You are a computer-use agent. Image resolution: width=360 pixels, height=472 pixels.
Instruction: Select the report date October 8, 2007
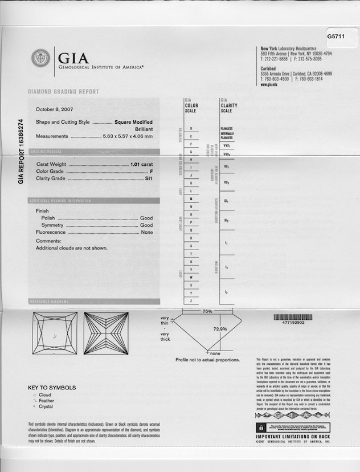click(x=55, y=109)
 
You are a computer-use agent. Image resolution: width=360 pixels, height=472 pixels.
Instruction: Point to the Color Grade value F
click(x=152, y=171)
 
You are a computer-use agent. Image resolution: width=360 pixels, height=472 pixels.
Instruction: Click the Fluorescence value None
click(x=147, y=233)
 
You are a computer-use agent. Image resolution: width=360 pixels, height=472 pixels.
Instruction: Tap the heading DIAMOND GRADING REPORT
click(x=63, y=91)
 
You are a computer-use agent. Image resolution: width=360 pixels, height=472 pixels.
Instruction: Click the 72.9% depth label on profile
click(x=220, y=329)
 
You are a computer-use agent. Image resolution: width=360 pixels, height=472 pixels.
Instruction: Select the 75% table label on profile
click(x=207, y=311)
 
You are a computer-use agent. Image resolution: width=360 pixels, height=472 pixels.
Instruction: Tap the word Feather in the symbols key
click(x=47, y=401)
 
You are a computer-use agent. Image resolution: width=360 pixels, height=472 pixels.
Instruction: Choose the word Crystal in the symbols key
click(x=47, y=407)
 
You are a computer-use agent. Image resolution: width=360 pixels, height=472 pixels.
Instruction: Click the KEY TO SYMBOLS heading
click(x=52, y=388)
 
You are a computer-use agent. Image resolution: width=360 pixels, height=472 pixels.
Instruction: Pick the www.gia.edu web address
click(x=269, y=84)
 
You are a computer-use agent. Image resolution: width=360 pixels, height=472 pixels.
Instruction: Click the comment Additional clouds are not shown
click(x=72, y=248)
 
